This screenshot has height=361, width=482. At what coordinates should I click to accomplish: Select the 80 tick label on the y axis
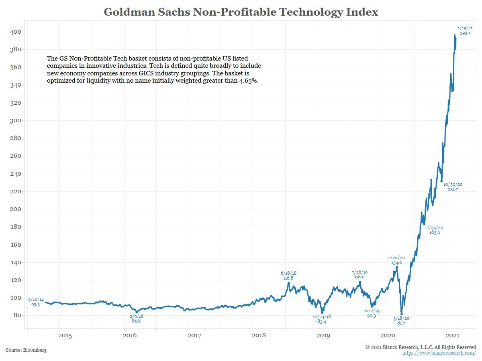(x=16, y=315)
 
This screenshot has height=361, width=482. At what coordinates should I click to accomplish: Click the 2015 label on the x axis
(x=65, y=335)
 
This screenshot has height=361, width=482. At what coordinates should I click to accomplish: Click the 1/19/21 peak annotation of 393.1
(x=465, y=30)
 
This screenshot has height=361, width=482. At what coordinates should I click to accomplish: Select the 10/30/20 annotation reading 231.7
(x=453, y=187)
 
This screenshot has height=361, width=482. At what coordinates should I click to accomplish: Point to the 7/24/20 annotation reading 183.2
(x=434, y=230)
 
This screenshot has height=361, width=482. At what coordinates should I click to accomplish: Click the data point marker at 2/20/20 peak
(x=396, y=267)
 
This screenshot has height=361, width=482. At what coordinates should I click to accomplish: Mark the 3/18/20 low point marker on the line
(x=402, y=314)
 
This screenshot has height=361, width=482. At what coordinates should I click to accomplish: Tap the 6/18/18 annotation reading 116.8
(x=288, y=275)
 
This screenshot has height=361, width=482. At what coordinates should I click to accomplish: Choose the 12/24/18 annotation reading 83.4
(x=322, y=319)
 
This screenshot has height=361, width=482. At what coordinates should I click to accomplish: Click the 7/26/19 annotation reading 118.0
(x=359, y=274)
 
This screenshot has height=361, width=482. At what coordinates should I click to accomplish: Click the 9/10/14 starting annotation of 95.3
(x=36, y=302)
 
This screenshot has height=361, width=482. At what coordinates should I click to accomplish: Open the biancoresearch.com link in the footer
(x=439, y=353)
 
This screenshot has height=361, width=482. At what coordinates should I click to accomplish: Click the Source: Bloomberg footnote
(x=26, y=350)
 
